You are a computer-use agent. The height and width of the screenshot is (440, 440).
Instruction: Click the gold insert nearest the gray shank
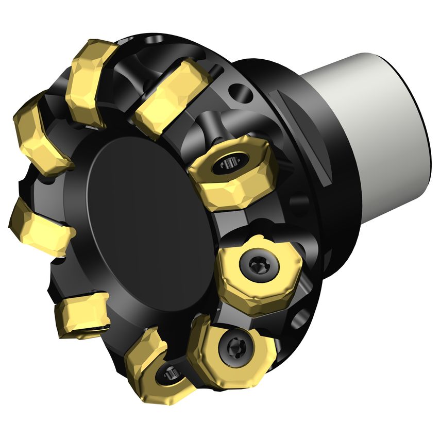pos(232,175)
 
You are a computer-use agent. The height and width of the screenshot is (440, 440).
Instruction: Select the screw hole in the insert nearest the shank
pos(227,165)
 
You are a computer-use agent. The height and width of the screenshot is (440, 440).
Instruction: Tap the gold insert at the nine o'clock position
pos(39,227)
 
